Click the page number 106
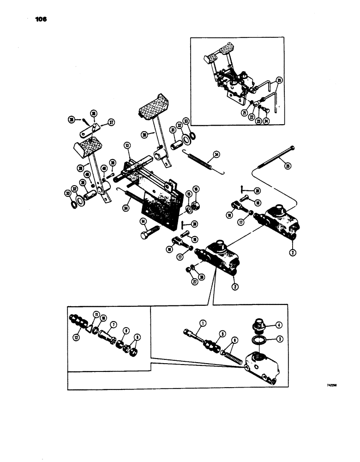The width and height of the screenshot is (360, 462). coord(41,20)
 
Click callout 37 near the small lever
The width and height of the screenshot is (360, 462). coord(111,122)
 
